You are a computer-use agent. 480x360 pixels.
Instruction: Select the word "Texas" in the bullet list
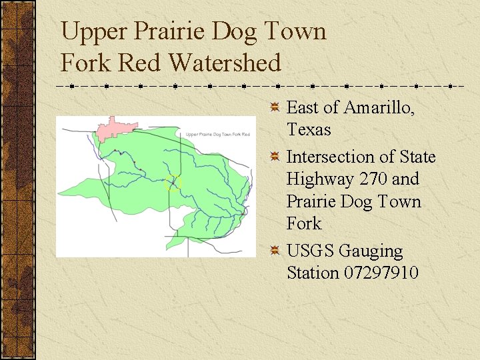point(309,129)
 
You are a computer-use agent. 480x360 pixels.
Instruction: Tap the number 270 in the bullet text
point(369,179)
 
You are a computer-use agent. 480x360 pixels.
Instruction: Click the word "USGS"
point(311,251)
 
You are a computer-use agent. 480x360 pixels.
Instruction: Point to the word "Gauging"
point(371,251)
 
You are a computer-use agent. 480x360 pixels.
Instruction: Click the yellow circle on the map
point(173,182)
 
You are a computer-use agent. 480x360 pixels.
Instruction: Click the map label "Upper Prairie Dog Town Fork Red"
point(218,135)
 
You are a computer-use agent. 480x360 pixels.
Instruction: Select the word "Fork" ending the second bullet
point(304,223)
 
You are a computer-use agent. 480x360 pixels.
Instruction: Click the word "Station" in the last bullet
point(313,273)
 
